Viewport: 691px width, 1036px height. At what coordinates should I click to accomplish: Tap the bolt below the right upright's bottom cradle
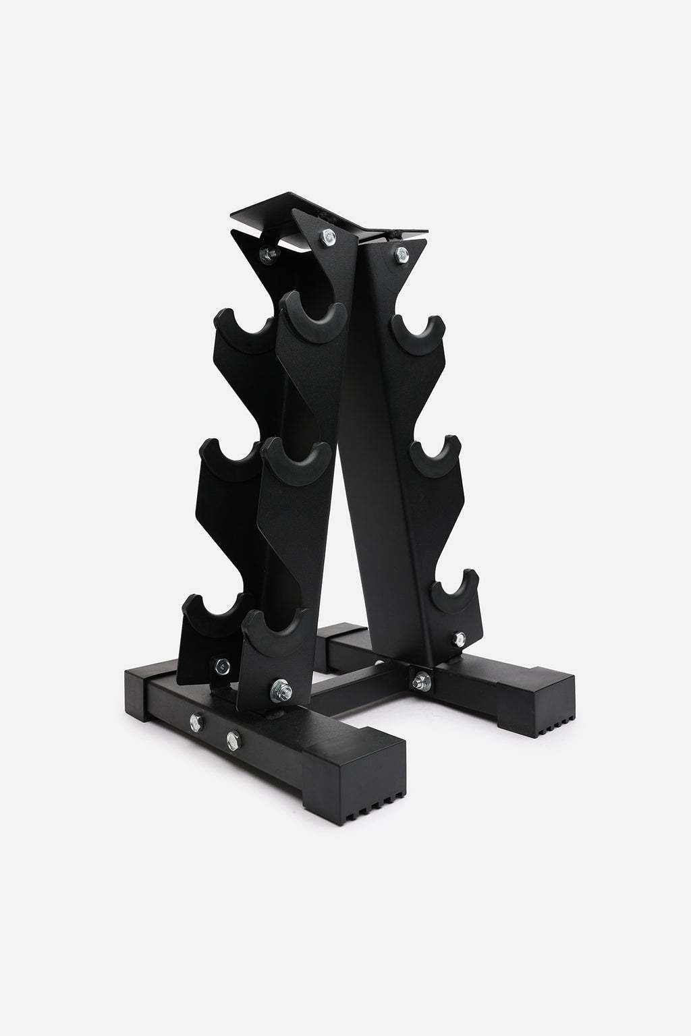click(x=460, y=637)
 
